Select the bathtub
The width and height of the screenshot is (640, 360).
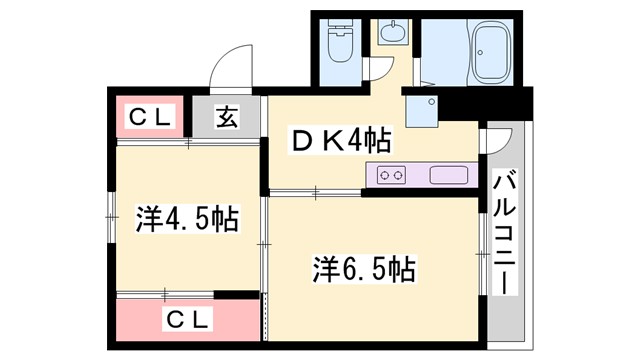[x=491, y=51]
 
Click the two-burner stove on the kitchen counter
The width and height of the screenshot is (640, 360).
[x=391, y=176]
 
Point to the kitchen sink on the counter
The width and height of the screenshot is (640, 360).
[x=449, y=176]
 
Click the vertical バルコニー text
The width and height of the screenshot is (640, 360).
[x=504, y=233]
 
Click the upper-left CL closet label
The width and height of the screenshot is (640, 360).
[x=150, y=117]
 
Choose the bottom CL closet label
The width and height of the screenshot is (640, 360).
[x=188, y=321]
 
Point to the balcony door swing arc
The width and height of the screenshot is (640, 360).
[x=496, y=140]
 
